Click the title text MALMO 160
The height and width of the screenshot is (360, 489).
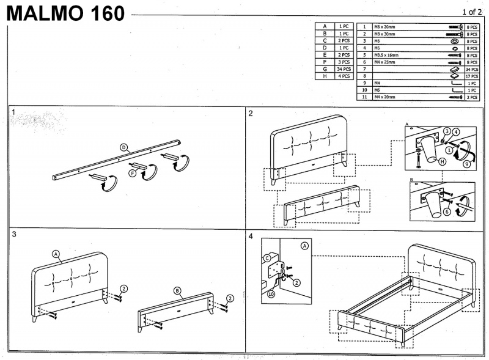click(x=66, y=13)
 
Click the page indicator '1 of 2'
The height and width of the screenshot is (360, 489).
click(x=472, y=12)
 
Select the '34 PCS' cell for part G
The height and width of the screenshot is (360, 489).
click(x=344, y=69)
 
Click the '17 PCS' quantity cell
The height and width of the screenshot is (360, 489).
click(x=471, y=76)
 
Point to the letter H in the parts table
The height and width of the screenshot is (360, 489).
click(x=325, y=76)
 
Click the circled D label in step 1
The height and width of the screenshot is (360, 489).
click(x=123, y=147)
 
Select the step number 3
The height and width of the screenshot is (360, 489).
click(x=13, y=235)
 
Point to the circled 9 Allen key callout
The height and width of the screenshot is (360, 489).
click(x=467, y=164)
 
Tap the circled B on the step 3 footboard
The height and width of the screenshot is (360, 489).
click(x=177, y=290)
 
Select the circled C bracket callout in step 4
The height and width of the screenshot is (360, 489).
click(x=267, y=259)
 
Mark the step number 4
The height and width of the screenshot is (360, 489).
click(x=251, y=235)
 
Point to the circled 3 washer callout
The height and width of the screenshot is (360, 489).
click(x=447, y=132)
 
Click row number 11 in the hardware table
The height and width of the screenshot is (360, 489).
click(x=364, y=97)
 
